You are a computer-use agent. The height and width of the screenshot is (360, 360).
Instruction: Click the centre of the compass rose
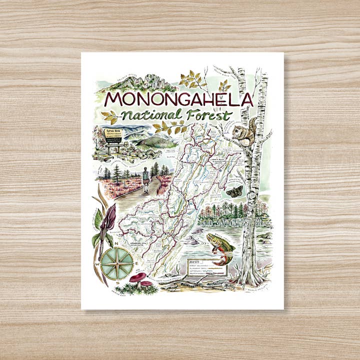pyautogui.click(x=116, y=263)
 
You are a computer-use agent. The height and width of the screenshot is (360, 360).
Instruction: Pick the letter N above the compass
pyautogui.click(x=117, y=242)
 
